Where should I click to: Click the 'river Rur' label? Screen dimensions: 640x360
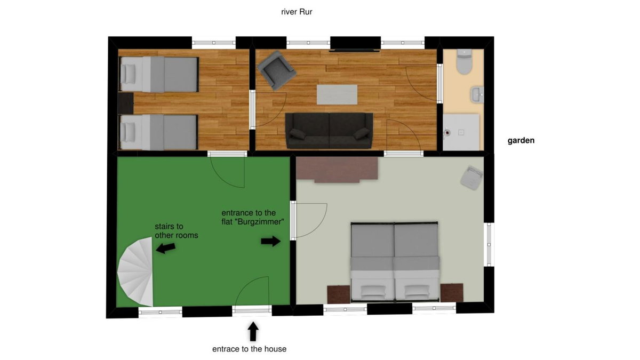pos(297,12)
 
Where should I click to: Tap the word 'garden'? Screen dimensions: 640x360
pos(521,141)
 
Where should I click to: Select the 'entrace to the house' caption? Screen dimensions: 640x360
pos(249,349)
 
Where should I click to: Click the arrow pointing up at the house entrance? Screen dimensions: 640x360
pos(253,331)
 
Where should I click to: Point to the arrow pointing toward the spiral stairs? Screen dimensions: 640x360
pos(166,248)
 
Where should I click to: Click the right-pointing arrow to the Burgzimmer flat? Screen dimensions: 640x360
pos(270,241)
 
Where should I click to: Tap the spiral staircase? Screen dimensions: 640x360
pos(135,271)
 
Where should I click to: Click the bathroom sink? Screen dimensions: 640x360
pos(477,94)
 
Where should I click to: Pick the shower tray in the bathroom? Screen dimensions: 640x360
pos(461,132)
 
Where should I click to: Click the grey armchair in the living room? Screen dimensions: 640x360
pos(276,70)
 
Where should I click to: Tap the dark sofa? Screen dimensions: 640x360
pos(329,131)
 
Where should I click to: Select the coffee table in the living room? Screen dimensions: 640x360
pos(337,94)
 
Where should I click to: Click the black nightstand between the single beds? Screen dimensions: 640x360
pos(126,103)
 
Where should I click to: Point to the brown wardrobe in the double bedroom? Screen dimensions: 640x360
pos(337,170)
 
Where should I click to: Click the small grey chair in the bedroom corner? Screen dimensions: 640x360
pos(471,178)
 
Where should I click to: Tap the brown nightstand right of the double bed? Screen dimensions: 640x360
pos(452,293)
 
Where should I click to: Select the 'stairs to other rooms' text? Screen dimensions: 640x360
pos(177,231)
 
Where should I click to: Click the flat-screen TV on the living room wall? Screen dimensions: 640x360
pos(354,51)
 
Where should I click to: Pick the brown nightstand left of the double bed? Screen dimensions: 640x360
pos(339,294)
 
